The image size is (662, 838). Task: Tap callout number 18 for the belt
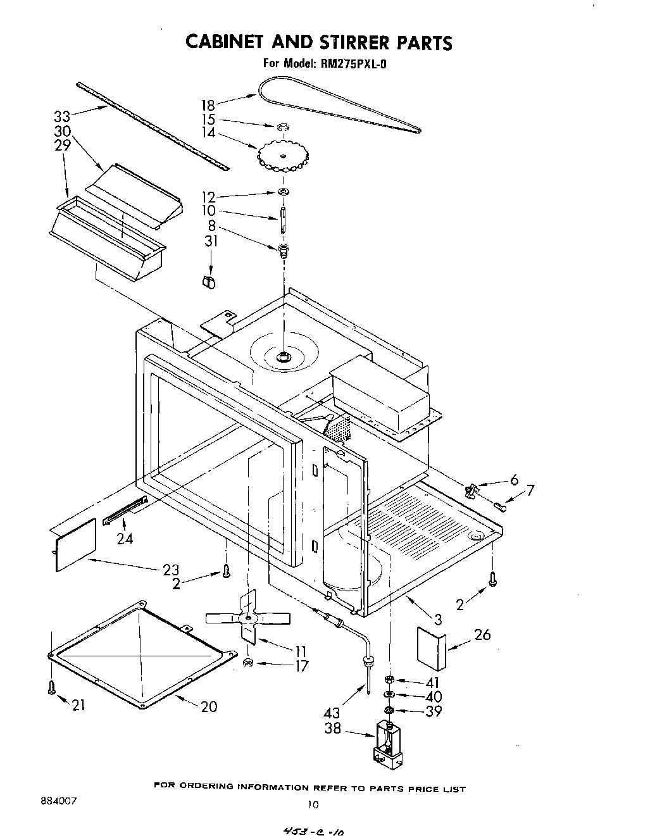(208, 105)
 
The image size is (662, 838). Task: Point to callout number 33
(62, 116)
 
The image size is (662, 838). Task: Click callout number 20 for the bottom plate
(209, 706)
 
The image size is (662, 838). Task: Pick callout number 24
(125, 538)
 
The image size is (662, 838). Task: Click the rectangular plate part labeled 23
(75, 546)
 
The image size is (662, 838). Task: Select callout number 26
(482, 634)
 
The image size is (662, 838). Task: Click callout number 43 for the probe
(332, 713)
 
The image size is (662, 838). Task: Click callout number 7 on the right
(530, 490)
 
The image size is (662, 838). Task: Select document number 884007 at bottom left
(58, 801)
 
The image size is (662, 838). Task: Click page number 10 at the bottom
(311, 805)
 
